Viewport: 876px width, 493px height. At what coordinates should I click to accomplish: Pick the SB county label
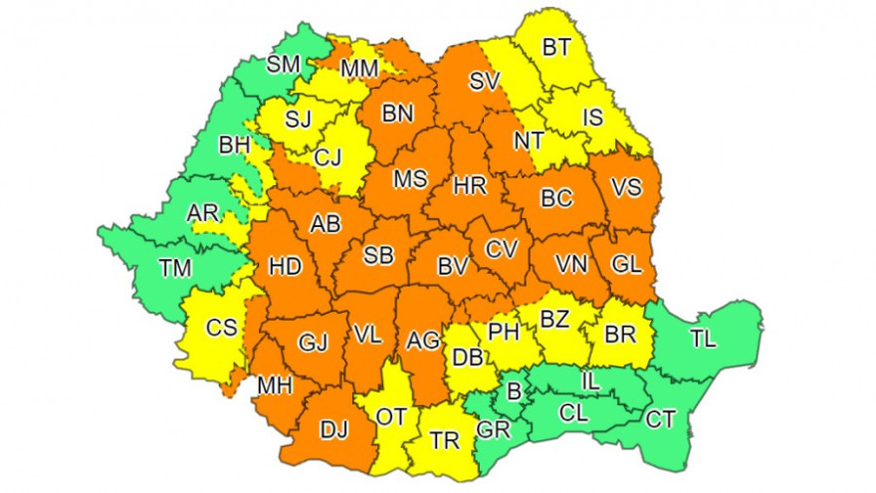pos(377,255)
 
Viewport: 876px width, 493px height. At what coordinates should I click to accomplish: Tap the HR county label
pos(468,185)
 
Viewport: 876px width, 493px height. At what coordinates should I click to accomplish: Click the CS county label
pos(221,327)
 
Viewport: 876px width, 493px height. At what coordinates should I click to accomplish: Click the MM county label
pos(357,70)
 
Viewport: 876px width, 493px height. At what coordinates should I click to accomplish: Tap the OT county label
pos(391,416)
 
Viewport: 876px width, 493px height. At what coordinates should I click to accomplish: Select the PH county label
pos(504,329)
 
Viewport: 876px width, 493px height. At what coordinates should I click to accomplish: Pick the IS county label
pos(592,119)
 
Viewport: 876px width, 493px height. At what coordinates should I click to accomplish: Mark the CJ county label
pos(329,156)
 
